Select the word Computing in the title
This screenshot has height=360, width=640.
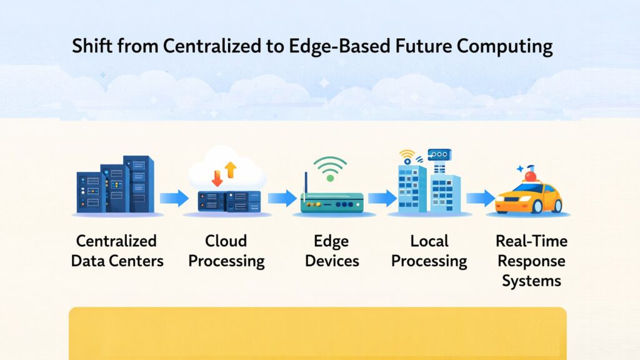[502, 47]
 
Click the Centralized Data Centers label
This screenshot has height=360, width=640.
[117, 251]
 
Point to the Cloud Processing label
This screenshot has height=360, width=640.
[226, 251]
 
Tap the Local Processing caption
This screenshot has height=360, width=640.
[429, 251]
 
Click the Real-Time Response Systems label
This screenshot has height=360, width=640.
[531, 261]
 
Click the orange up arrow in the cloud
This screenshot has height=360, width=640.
[230, 169]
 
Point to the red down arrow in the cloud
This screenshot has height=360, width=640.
[217, 178]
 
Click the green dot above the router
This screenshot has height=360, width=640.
[330, 178]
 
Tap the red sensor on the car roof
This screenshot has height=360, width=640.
[530, 176]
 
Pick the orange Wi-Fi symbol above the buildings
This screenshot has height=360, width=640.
[407, 154]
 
